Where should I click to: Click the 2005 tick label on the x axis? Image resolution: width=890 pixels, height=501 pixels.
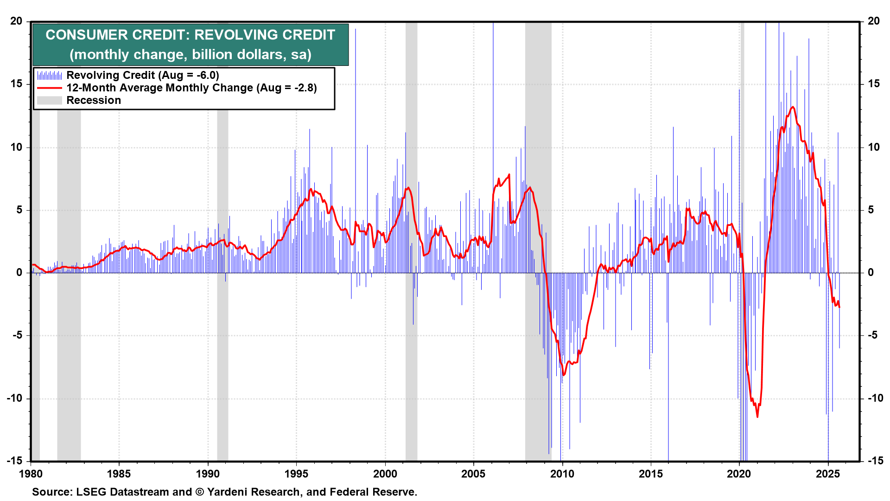click(473, 474)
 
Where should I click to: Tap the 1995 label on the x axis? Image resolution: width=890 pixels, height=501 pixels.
click(296, 474)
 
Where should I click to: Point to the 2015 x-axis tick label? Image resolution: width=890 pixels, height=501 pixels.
click(650, 474)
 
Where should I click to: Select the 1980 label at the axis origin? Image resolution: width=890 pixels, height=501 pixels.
click(31, 474)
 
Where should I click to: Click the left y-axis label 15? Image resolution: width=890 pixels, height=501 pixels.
click(17, 84)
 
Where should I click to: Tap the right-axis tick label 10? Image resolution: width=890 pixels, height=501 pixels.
click(873, 147)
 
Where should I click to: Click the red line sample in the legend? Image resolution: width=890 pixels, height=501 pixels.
click(49, 88)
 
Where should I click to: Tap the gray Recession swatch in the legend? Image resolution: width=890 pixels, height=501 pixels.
click(49, 100)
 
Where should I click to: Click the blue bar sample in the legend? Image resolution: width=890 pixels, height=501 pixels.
click(49, 75)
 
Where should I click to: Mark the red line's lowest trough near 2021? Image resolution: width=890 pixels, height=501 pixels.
click(757, 417)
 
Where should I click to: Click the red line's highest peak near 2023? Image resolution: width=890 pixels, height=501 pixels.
click(793, 107)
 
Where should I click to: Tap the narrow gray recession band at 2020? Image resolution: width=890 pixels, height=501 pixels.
click(742, 139)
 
